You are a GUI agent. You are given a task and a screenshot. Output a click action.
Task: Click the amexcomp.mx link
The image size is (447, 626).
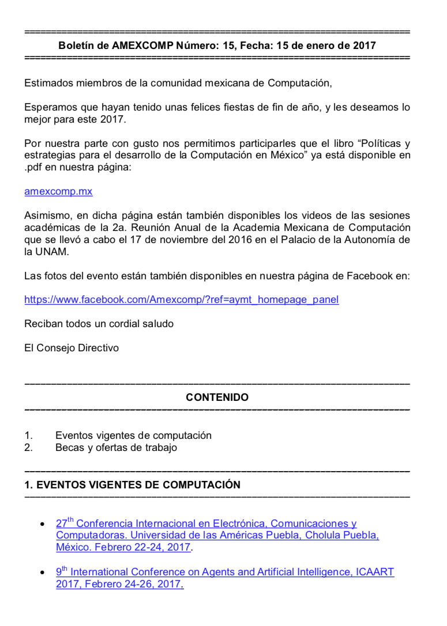(x=58, y=192)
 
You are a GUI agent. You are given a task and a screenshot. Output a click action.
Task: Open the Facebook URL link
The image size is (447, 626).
(x=181, y=299)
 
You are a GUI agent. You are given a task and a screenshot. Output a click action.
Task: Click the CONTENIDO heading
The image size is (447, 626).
(x=217, y=397)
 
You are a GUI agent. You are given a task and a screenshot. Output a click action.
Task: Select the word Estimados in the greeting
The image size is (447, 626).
(x=48, y=83)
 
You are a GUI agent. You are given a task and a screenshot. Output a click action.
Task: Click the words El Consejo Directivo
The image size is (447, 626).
(x=72, y=348)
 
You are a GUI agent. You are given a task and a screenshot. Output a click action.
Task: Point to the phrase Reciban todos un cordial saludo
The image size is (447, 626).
(x=99, y=324)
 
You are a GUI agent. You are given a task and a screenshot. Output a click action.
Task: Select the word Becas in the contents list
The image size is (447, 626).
(x=69, y=447)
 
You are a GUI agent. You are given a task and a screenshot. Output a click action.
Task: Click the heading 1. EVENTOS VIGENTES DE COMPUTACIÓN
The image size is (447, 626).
(x=132, y=485)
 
